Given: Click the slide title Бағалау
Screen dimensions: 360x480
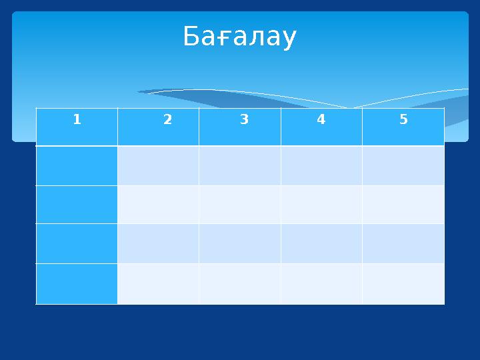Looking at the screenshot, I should coord(239,38).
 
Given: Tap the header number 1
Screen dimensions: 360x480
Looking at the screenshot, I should coord(77,120).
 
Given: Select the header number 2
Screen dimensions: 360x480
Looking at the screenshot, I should coord(167,120).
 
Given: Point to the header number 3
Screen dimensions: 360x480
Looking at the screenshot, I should coord(244,120).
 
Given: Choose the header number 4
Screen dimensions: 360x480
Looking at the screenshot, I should coord(321,120).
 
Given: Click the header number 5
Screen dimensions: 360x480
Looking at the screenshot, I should coord(403,120).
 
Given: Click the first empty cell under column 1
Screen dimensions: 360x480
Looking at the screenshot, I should coord(77,165).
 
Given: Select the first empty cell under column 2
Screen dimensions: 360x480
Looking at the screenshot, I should coord(158,165).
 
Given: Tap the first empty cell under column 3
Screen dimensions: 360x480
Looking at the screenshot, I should coord(240,165).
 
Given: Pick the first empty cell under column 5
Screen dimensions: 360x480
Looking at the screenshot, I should coord(403,165).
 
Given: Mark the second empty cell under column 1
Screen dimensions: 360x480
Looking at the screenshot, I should coord(77,205).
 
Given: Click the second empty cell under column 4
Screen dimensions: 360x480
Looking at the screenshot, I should coord(321,205).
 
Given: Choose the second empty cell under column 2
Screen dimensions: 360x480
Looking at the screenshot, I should coord(158,205).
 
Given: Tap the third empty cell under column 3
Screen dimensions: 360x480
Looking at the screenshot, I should coord(240,243).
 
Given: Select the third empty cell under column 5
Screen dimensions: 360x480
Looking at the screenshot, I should coord(403,243).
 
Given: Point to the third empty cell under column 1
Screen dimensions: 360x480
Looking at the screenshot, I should coord(77,243).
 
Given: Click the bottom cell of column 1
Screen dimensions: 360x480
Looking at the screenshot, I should coord(77,283).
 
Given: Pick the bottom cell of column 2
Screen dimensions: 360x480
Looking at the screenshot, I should coord(158,283).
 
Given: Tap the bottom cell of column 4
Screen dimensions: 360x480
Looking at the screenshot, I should coord(321,283).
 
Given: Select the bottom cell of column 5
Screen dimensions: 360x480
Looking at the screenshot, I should coord(403,283).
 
